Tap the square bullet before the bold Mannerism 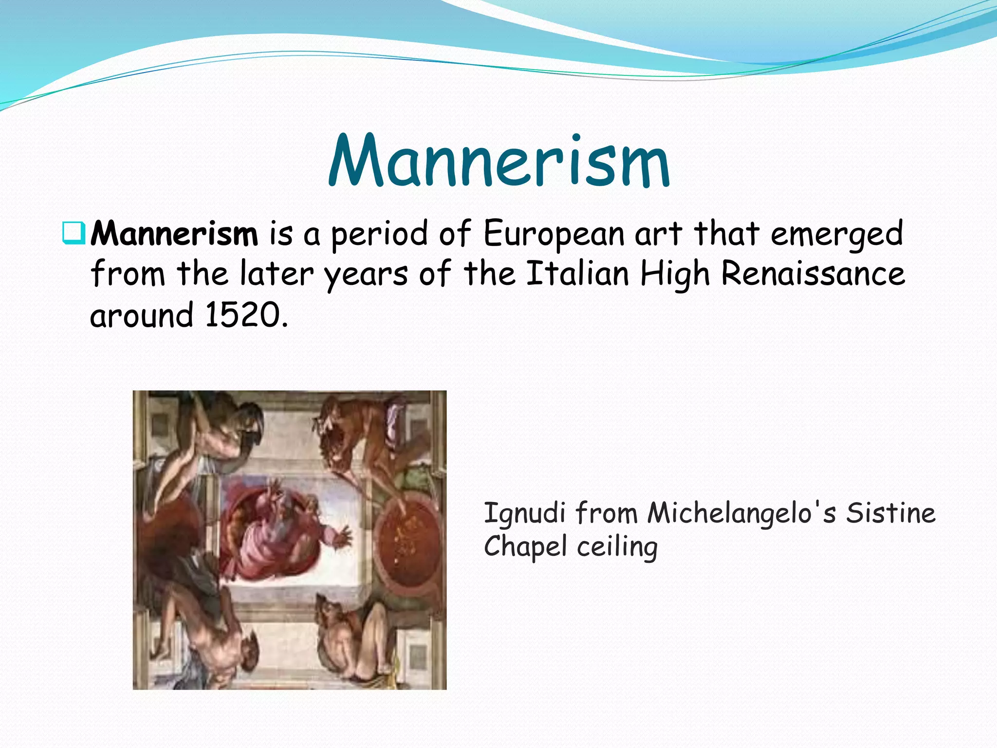[74, 233]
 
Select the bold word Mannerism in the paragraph [174, 234]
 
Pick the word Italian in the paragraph [578, 274]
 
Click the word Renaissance [812, 274]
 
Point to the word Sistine [890, 513]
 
